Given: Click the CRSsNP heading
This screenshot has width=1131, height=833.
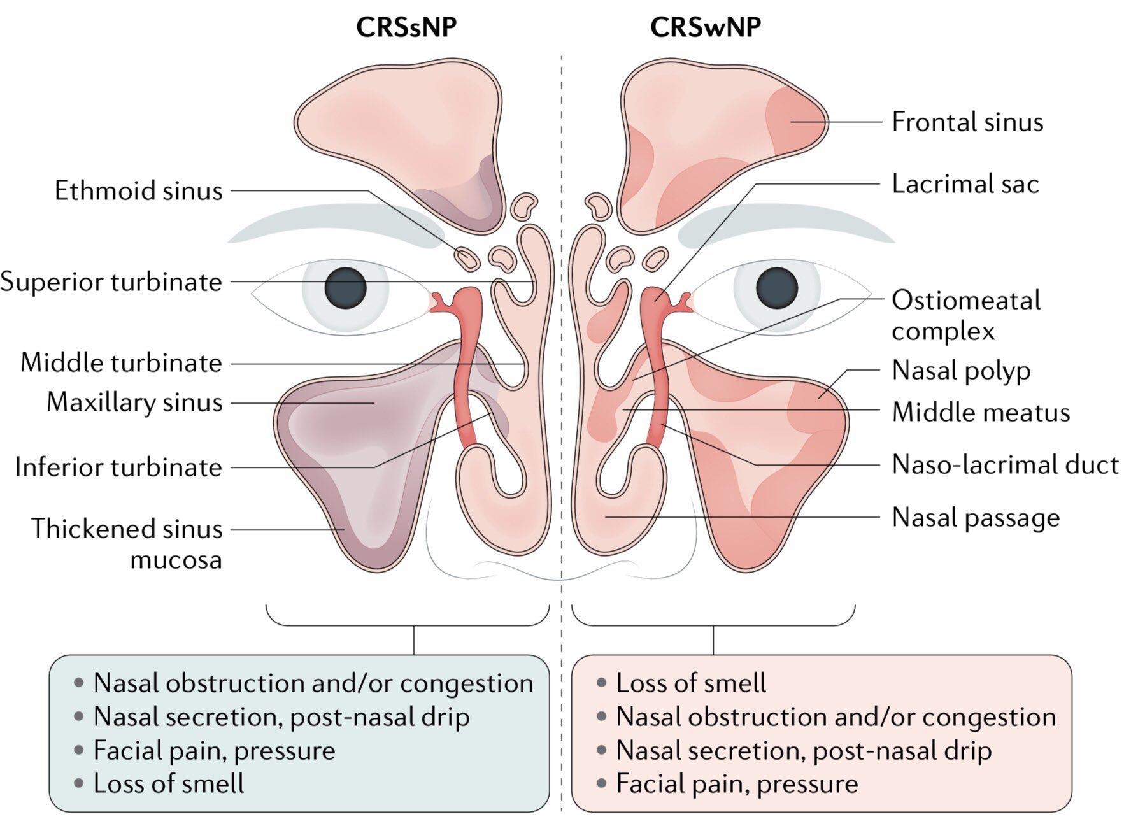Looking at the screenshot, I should [406, 27].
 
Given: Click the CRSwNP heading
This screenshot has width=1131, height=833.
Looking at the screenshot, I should [705, 27].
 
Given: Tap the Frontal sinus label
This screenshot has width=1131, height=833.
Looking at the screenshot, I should [967, 122].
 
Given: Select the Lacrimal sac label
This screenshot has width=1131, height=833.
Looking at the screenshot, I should [965, 183].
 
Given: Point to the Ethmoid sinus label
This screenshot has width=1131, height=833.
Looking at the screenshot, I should [138, 190].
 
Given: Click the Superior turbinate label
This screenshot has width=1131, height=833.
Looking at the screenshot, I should [111, 281].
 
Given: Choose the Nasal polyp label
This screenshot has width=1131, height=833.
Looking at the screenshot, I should [961, 370].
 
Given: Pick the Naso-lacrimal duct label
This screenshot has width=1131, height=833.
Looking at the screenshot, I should [1005, 464].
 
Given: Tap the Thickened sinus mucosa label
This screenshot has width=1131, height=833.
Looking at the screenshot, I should [127, 543].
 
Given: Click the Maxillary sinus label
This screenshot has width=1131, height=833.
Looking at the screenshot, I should [134, 402].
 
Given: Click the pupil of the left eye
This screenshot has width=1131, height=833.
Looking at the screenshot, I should [346, 288].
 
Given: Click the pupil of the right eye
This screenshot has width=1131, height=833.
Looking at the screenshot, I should [777, 288].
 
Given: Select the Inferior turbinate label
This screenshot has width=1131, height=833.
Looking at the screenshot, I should [118, 467].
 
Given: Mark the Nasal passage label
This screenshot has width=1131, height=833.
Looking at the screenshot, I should [976, 517].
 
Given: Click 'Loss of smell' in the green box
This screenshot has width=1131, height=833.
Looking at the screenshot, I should [168, 783].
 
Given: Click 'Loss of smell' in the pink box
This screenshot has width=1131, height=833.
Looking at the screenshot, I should [690, 683].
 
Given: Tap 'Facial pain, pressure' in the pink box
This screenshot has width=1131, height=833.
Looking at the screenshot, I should [737, 783].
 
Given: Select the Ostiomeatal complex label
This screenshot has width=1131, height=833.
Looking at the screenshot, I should [965, 315].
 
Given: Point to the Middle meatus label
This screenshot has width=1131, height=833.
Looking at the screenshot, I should [981, 412].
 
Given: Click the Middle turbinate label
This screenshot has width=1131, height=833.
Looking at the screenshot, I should [121, 363].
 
